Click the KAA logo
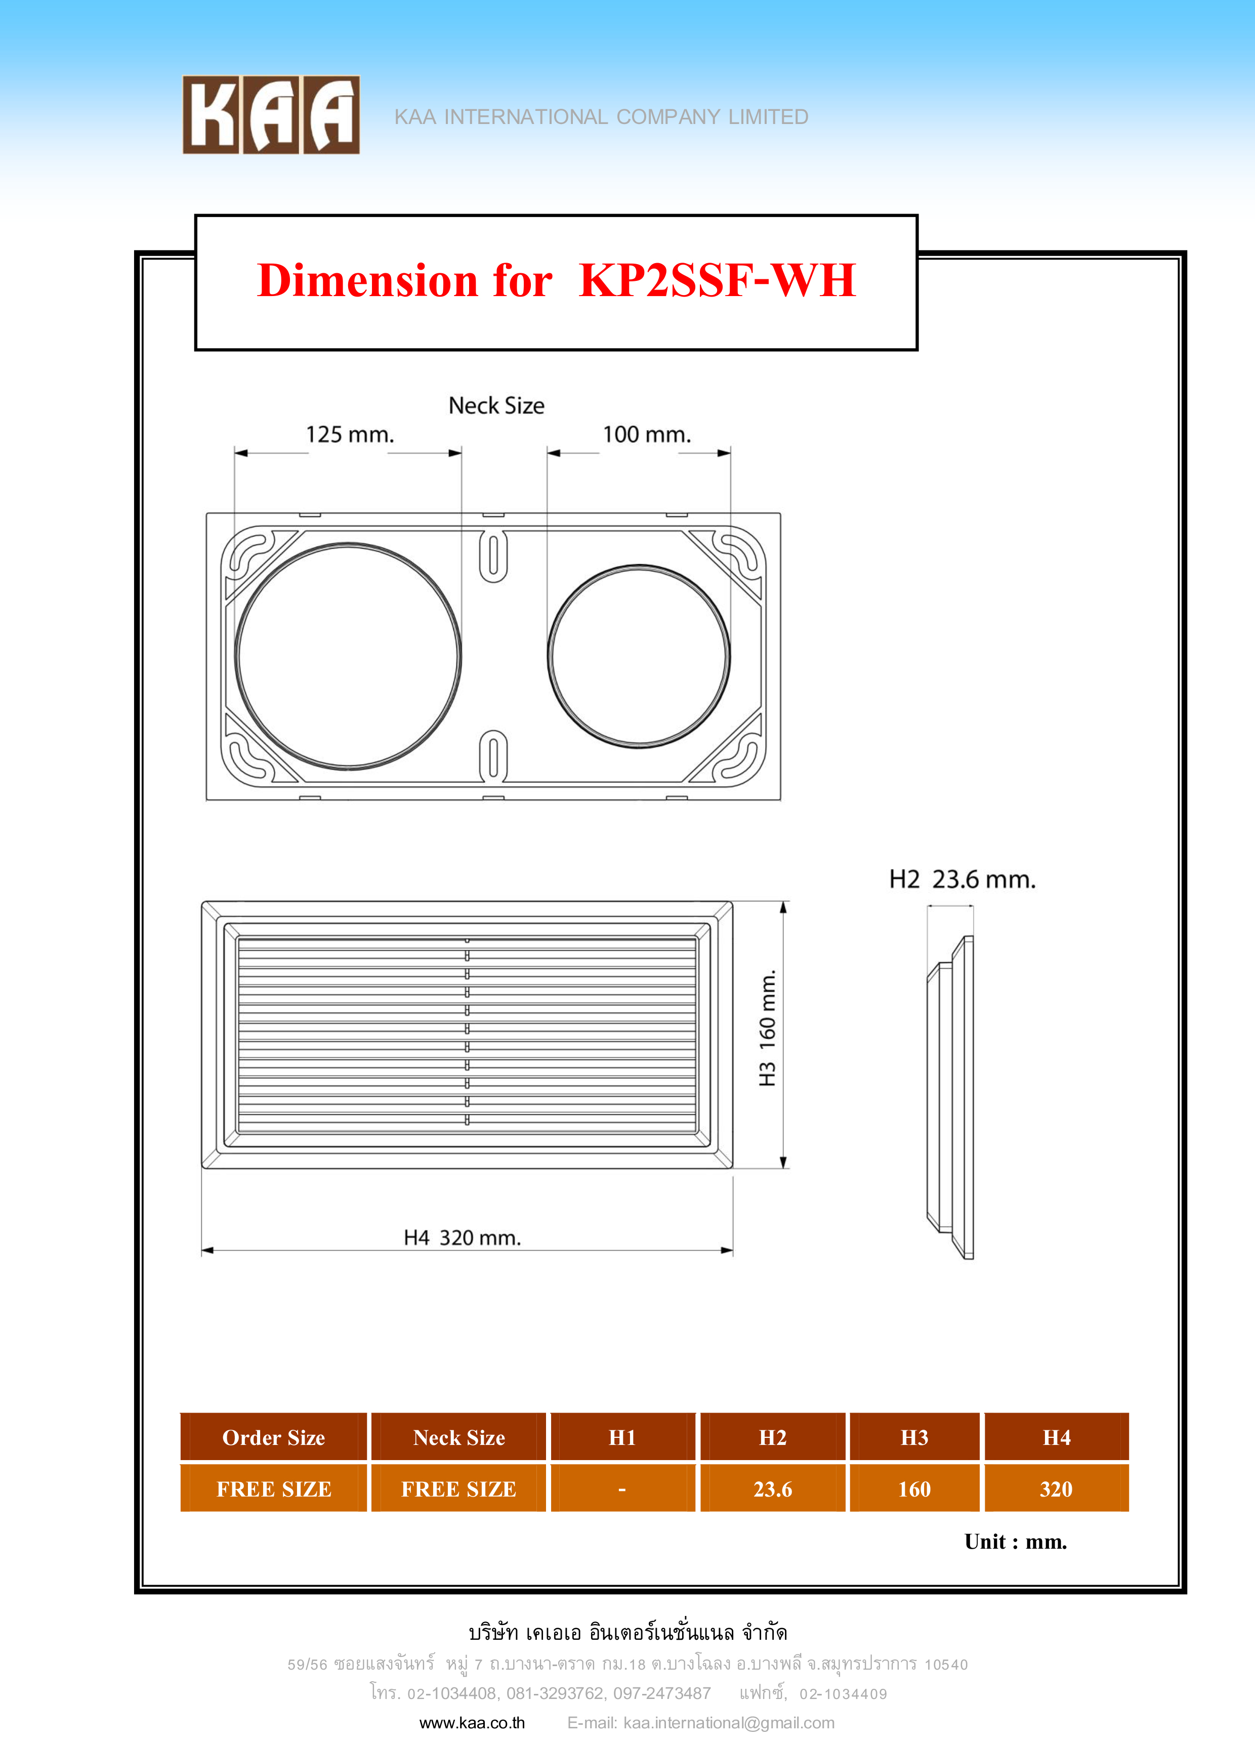tap(271, 114)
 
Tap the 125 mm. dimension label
tap(350, 435)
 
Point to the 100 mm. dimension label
tap(646, 435)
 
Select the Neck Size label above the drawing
tap(496, 406)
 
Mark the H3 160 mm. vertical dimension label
tap(767, 1028)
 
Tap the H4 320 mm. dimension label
tap(463, 1237)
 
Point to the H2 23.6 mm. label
tap(962, 879)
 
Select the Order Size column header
tap(274, 1437)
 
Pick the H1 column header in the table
tap(622, 1437)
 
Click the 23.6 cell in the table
tap(772, 1488)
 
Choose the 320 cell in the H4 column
tap(1056, 1488)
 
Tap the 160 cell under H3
tap(914, 1488)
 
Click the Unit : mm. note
tap(1015, 1542)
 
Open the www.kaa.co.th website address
tap(472, 1722)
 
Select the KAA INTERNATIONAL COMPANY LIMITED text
tap(601, 117)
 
